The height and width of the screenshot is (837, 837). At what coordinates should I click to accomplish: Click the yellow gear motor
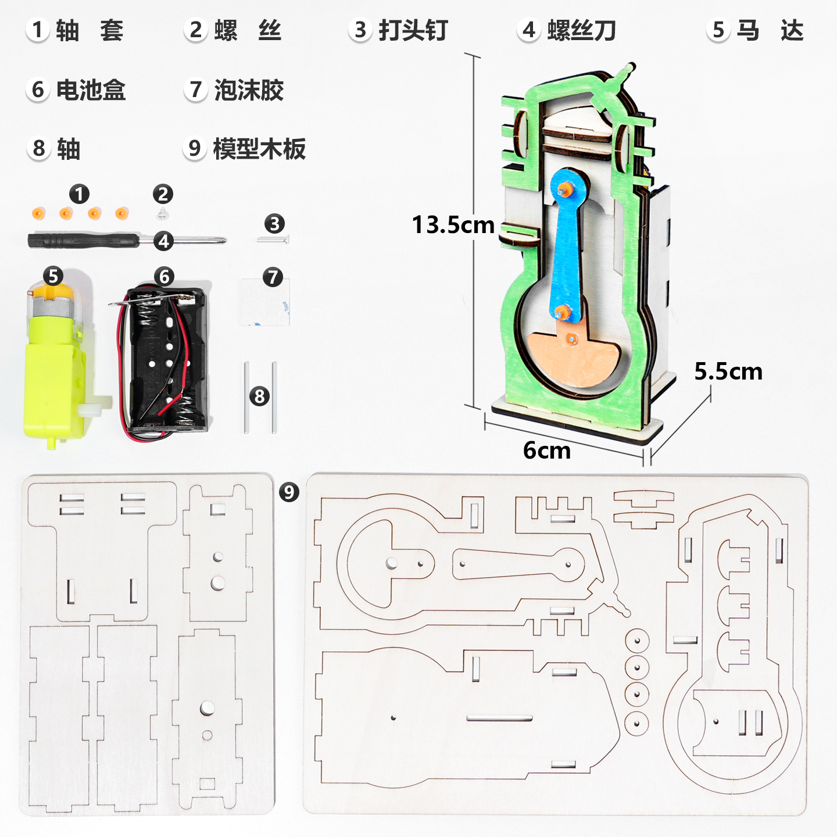tap(55, 372)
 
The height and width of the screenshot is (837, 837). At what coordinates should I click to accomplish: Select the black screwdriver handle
tap(81, 240)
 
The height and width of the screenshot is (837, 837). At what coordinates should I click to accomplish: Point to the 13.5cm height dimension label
tap(453, 225)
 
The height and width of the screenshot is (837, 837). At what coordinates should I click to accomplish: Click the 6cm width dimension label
tap(546, 450)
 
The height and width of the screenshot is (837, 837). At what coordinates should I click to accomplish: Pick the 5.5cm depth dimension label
tap(728, 371)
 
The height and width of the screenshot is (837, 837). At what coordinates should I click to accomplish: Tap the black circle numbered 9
tap(289, 492)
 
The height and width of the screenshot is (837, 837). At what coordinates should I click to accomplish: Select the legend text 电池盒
tap(91, 90)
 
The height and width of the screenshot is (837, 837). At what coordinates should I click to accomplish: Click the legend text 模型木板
tap(259, 149)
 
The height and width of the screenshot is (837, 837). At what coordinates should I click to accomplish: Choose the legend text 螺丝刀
tap(581, 30)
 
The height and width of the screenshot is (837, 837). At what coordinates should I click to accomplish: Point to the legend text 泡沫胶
tap(249, 90)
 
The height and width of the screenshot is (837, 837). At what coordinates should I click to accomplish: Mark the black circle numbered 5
tap(53, 276)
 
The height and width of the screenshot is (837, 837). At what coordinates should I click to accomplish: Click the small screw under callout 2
tap(163, 214)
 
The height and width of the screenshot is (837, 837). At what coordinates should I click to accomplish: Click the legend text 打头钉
tap(413, 30)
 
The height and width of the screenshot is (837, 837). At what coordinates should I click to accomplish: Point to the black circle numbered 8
tap(260, 396)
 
